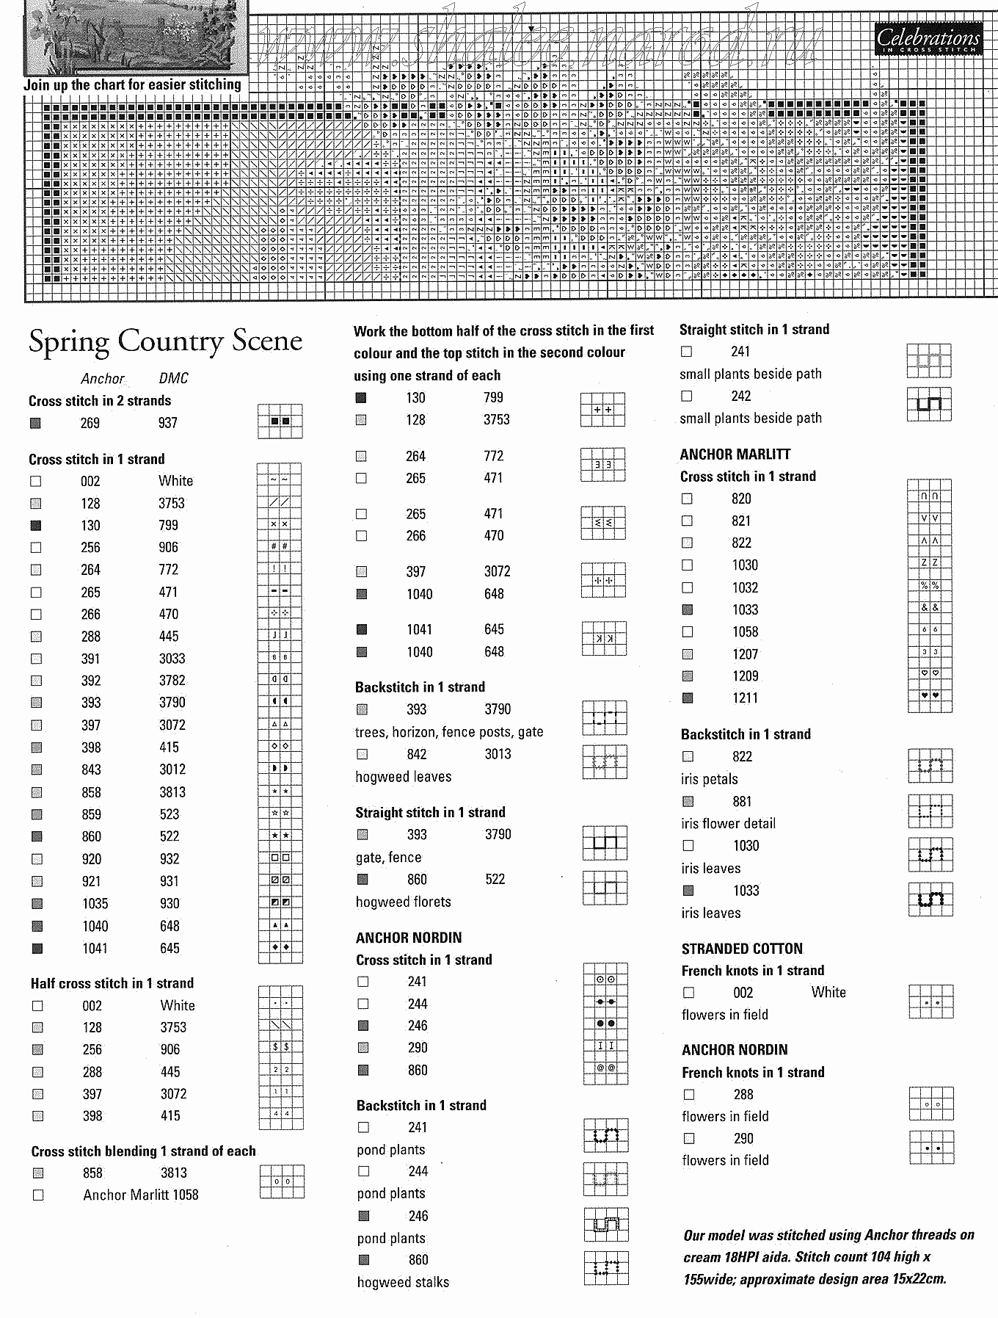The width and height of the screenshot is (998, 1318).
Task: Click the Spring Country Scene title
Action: tap(165, 341)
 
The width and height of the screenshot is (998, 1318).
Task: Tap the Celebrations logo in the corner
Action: tap(928, 38)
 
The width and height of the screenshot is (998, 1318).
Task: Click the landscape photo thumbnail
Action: tap(136, 37)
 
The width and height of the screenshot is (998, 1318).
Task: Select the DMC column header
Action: tap(173, 378)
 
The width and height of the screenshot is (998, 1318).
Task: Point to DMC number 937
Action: tap(167, 423)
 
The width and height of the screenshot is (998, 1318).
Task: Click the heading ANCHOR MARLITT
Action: tap(735, 455)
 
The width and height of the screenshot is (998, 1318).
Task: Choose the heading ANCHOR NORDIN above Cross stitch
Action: tap(409, 938)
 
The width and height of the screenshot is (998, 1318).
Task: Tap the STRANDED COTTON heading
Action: tap(742, 949)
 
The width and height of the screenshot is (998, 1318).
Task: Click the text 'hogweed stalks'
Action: tap(403, 1282)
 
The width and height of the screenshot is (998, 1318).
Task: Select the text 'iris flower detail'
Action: tap(728, 824)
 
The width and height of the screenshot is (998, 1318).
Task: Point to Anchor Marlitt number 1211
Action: tap(745, 698)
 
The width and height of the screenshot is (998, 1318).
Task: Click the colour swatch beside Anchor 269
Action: tap(35, 423)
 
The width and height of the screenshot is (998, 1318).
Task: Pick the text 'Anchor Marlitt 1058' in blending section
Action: tap(141, 1195)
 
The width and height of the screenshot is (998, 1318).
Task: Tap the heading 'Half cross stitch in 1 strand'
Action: tap(112, 983)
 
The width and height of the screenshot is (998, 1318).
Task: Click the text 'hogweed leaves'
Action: tap(404, 777)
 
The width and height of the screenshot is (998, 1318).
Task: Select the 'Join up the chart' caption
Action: tap(132, 85)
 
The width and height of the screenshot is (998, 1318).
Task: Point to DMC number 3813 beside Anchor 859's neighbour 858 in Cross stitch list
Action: tap(172, 792)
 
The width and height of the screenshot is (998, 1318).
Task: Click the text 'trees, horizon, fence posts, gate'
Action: tap(449, 732)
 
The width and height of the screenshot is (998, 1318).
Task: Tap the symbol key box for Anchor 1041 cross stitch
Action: tap(280, 948)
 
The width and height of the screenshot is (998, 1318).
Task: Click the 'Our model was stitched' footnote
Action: tap(828, 1256)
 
